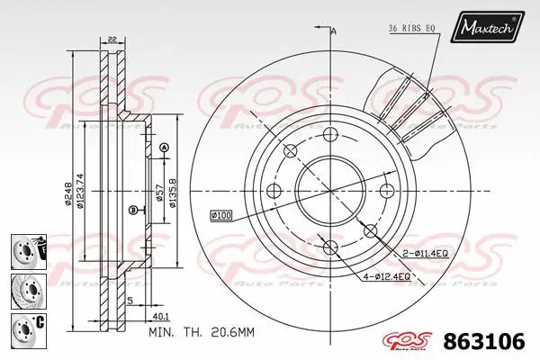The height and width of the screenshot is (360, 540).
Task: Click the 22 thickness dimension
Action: [112, 38]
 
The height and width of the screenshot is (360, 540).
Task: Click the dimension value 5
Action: [130, 301]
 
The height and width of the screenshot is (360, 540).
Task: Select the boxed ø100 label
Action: [220, 214]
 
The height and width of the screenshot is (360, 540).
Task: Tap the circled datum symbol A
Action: [164, 148]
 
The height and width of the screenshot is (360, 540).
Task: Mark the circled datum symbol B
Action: [133, 211]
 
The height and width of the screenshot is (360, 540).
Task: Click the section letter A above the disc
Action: [334, 32]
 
